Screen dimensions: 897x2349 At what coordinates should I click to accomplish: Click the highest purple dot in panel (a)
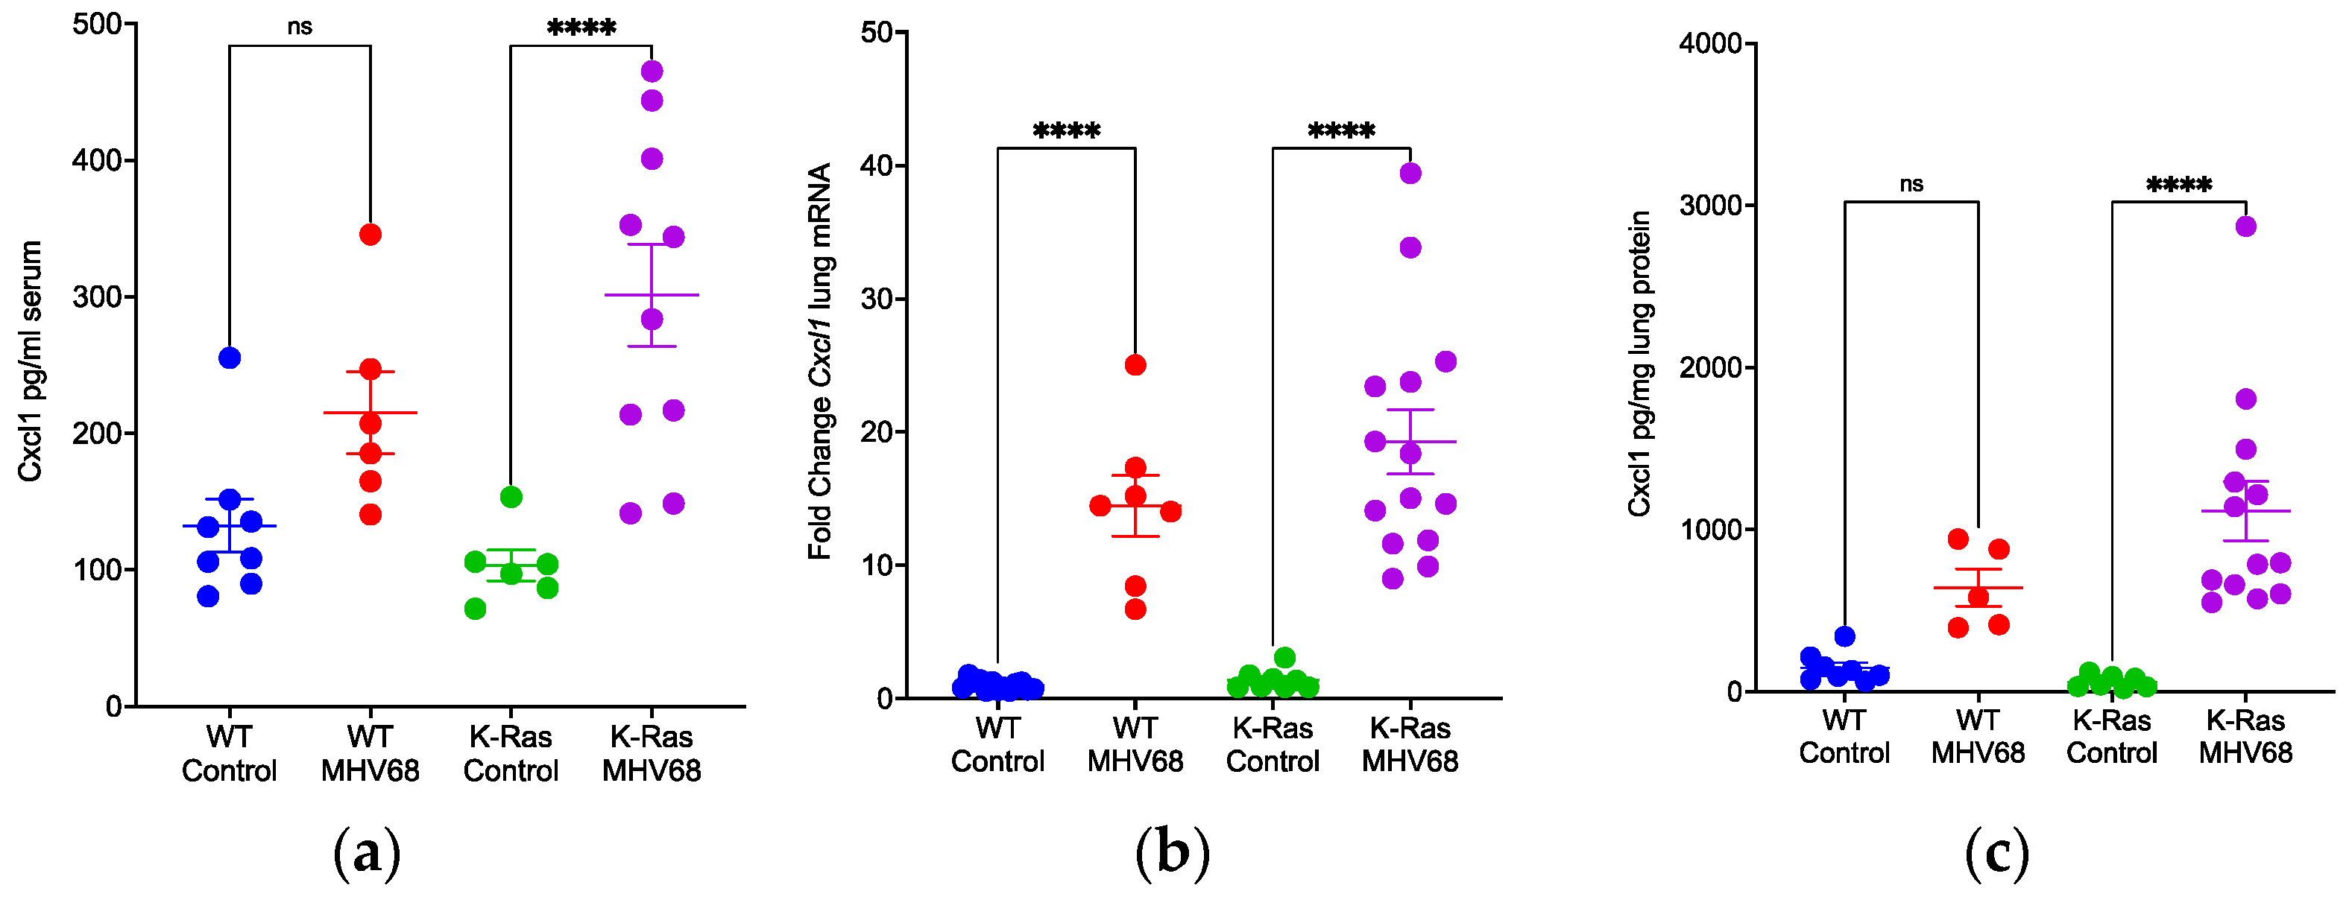[x=652, y=71]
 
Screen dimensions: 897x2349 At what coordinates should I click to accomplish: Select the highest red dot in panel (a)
[x=371, y=234]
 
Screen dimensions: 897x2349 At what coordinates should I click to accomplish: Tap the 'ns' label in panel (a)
[x=300, y=26]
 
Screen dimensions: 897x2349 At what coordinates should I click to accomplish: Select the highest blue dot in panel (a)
[x=230, y=358]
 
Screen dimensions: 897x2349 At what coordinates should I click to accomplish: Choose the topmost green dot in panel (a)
[x=511, y=497]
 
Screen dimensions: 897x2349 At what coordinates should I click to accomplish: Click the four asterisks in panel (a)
[x=581, y=28]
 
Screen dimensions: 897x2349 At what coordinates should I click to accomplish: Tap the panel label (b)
[x=1173, y=853]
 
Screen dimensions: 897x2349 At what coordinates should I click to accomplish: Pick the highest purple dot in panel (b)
[x=1410, y=173]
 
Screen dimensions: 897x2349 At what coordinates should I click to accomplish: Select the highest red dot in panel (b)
[x=1135, y=364]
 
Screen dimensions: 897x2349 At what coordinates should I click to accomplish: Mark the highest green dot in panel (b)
[x=1285, y=657]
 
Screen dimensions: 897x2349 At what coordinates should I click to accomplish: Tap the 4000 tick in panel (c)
[x=1710, y=44]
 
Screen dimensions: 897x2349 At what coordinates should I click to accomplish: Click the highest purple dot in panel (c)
[x=2246, y=226]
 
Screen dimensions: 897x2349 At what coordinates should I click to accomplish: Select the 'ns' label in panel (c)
[x=1911, y=184]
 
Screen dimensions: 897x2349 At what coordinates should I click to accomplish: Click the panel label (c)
[x=1997, y=853]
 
